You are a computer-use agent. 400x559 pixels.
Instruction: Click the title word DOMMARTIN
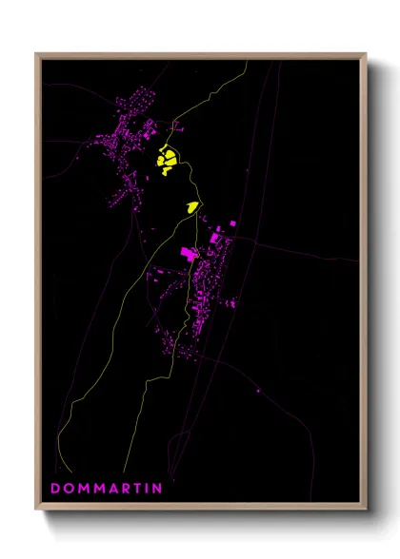(x=106, y=488)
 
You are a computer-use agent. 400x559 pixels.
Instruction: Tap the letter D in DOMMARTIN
(x=55, y=488)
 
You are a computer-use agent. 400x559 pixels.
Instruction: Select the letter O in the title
(x=68, y=488)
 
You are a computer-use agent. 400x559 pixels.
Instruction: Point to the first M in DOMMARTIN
(x=82, y=488)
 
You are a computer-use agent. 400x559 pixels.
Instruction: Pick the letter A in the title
(x=112, y=488)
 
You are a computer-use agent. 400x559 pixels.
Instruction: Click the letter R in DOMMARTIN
(x=125, y=488)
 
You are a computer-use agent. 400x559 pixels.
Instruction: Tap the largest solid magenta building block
(x=189, y=253)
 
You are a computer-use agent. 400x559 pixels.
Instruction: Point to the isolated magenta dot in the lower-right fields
(x=259, y=390)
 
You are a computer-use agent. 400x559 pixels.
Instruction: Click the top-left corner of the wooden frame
(x=36, y=55)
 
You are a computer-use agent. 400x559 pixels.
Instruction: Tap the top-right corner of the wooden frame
(x=366, y=55)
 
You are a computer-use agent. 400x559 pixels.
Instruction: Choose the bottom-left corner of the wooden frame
(x=36, y=509)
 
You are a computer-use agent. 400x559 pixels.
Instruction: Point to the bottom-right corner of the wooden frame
(x=366, y=509)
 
